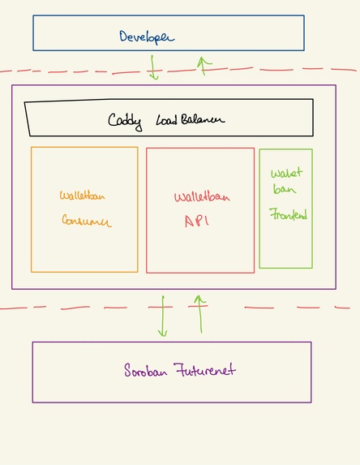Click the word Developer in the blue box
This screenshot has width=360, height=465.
click(146, 37)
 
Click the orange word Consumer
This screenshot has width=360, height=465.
click(86, 221)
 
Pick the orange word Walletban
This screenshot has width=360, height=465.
click(82, 195)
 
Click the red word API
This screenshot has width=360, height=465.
click(196, 220)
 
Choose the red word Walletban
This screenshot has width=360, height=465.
click(199, 196)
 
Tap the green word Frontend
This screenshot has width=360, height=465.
click(289, 215)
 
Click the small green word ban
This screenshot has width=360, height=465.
click(280, 190)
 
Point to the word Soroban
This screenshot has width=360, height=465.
click(147, 371)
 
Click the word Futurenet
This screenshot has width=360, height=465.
click(205, 370)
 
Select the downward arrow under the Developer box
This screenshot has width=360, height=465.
click(153, 67)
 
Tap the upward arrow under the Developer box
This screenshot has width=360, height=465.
click(204, 65)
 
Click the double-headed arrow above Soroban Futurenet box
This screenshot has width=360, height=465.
click(162, 316)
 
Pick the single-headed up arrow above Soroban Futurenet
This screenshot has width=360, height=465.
click(199, 314)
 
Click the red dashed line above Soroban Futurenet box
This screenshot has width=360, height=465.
click(81, 308)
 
